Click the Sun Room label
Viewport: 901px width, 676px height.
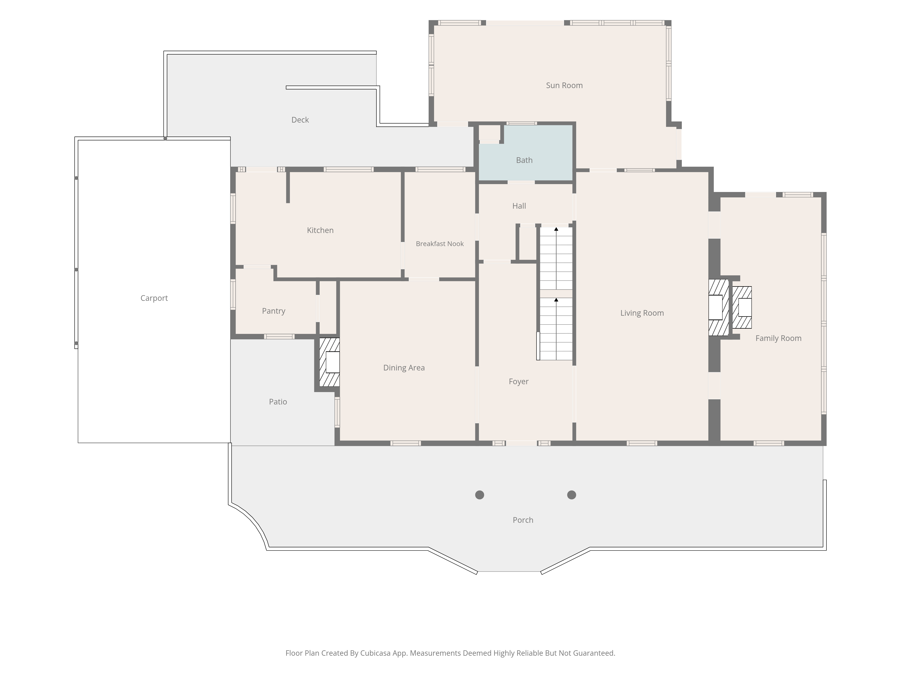pos(564,85)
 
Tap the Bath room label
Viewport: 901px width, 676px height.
pos(524,160)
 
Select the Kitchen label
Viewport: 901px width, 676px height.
pos(320,230)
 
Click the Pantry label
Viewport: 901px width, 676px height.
pos(273,311)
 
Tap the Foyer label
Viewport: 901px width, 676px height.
pos(519,381)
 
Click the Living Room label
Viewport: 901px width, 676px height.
pos(642,313)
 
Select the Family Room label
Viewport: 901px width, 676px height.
pos(778,338)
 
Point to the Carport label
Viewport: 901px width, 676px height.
pos(154,298)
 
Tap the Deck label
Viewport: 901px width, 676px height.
pos(300,120)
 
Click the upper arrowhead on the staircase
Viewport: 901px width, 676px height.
pos(556,229)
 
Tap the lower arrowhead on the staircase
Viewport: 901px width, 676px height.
pos(556,300)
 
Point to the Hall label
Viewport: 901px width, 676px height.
pos(519,206)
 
